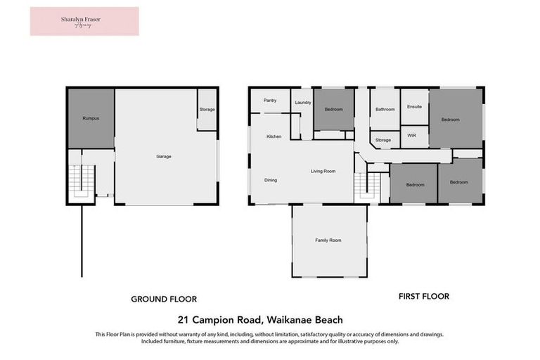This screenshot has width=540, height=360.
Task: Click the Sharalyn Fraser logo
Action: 84,21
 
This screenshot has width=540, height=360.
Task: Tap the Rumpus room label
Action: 90,118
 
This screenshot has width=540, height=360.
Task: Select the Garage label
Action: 163,156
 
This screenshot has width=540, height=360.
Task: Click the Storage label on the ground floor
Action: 207,109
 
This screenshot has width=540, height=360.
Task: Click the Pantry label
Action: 270,101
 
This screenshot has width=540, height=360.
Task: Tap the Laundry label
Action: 303,103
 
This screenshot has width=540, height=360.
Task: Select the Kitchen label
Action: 274,136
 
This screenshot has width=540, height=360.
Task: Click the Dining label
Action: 271,180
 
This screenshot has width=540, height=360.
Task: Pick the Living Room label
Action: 323,171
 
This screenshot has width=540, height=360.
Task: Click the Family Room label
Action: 328,240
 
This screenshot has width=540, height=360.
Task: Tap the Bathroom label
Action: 385,109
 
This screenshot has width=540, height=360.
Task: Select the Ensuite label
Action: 414,107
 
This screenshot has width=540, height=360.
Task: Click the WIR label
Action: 412,135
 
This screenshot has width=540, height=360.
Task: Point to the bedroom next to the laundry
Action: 333,109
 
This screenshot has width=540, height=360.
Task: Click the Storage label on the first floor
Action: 383,141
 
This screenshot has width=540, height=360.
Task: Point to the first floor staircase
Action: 368,186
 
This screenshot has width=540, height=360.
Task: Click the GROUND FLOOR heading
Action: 164,299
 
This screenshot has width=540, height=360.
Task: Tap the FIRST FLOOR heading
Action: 423,296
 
